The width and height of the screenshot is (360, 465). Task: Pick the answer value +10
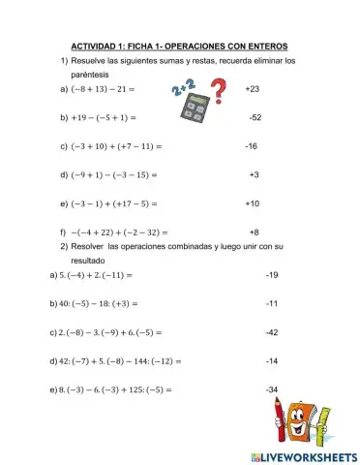253,203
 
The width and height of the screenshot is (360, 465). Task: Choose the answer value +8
254,232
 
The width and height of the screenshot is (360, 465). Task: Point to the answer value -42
271,332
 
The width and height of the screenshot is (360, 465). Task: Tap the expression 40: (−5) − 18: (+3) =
97,303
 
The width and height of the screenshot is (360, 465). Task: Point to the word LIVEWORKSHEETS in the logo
297,454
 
